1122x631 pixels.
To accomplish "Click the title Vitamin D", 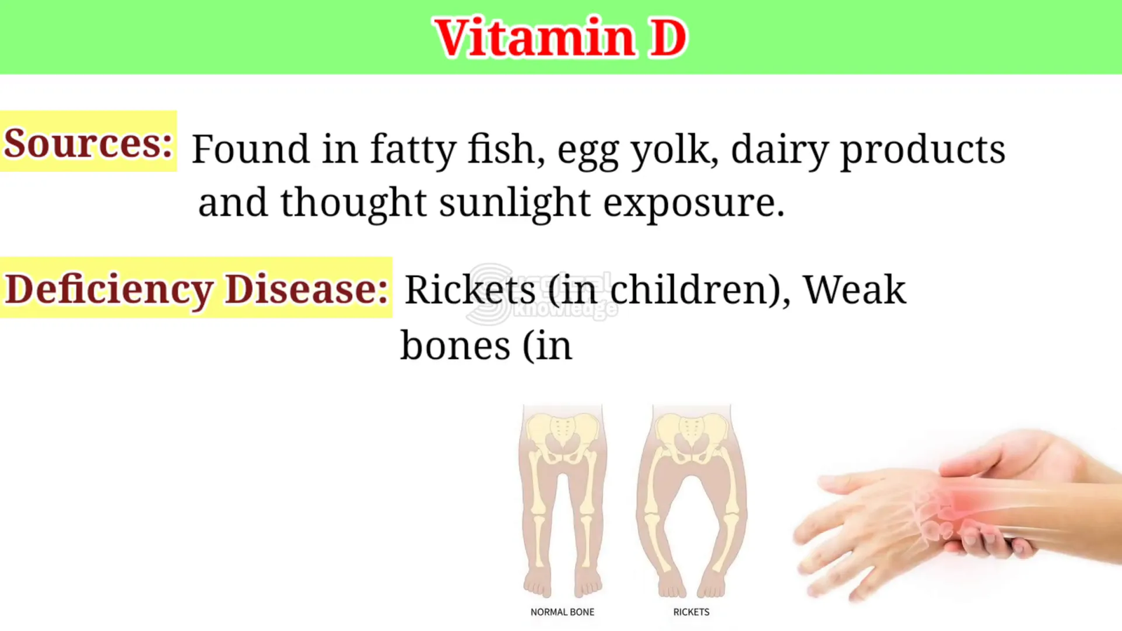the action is (x=561, y=38).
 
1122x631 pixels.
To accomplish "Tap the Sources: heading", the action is (x=88, y=143).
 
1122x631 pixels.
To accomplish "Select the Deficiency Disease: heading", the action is (x=196, y=290).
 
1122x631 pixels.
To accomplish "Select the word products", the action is (x=922, y=150).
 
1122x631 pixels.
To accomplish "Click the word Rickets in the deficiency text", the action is (x=470, y=290).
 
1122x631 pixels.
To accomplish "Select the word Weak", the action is (x=855, y=290).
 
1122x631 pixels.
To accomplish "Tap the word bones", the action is (x=455, y=346).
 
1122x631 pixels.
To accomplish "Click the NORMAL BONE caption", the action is (x=562, y=612).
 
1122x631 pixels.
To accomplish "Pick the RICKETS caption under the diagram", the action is (x=691, y=612).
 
